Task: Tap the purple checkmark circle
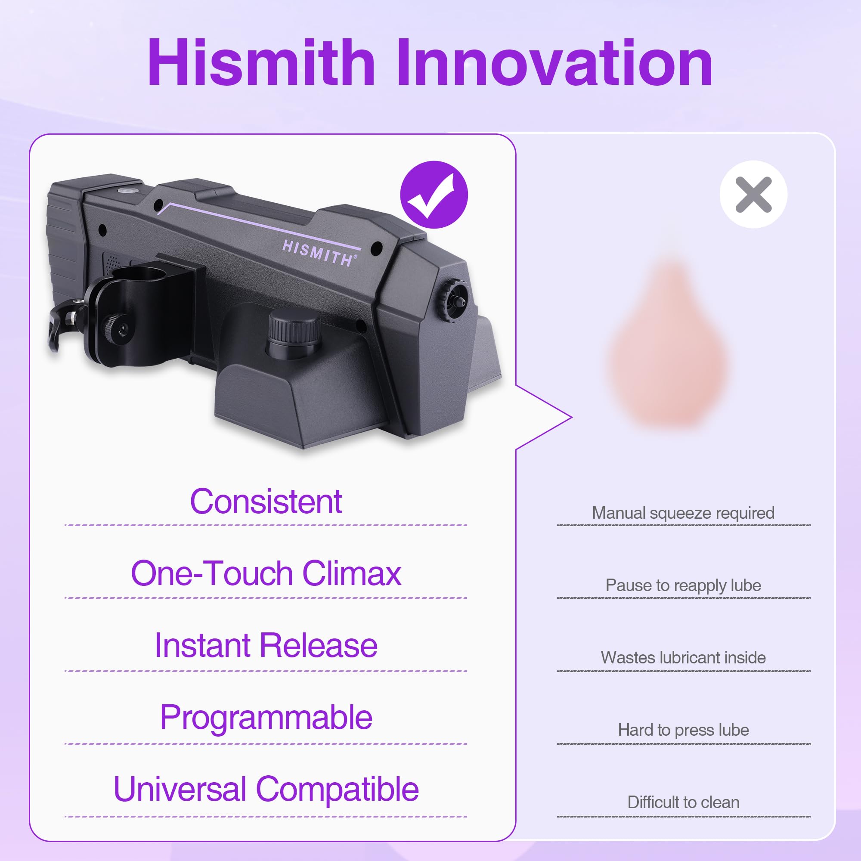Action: pos(434,195)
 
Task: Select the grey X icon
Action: pos(753,194)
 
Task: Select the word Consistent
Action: pos(266,502)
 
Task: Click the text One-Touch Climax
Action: pos(266,573)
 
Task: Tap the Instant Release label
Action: pos(266,646)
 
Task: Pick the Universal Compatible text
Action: pos(266,789)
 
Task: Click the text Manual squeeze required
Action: pos(683,513)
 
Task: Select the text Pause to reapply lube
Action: pos(683,585)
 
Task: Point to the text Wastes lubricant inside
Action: pos(683,658)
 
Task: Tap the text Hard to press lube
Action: pos(683,730)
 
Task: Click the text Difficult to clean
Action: pos(683,802)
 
